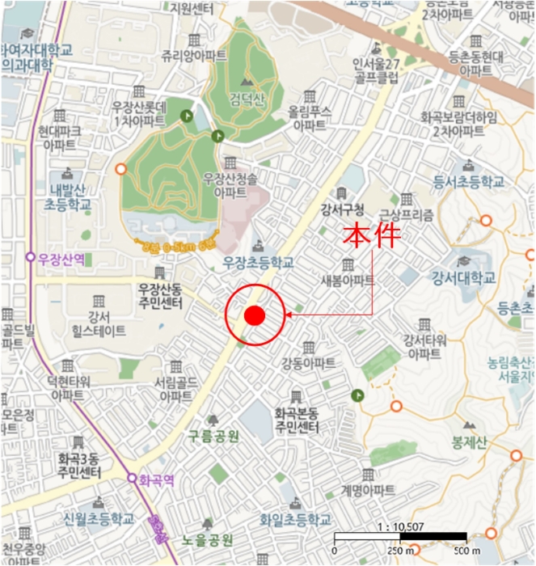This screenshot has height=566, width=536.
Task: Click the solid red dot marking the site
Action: [x=255, y=315]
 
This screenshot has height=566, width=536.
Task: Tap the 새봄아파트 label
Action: [x=348, y=280]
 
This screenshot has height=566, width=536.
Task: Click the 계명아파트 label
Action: [x=368, y=490]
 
